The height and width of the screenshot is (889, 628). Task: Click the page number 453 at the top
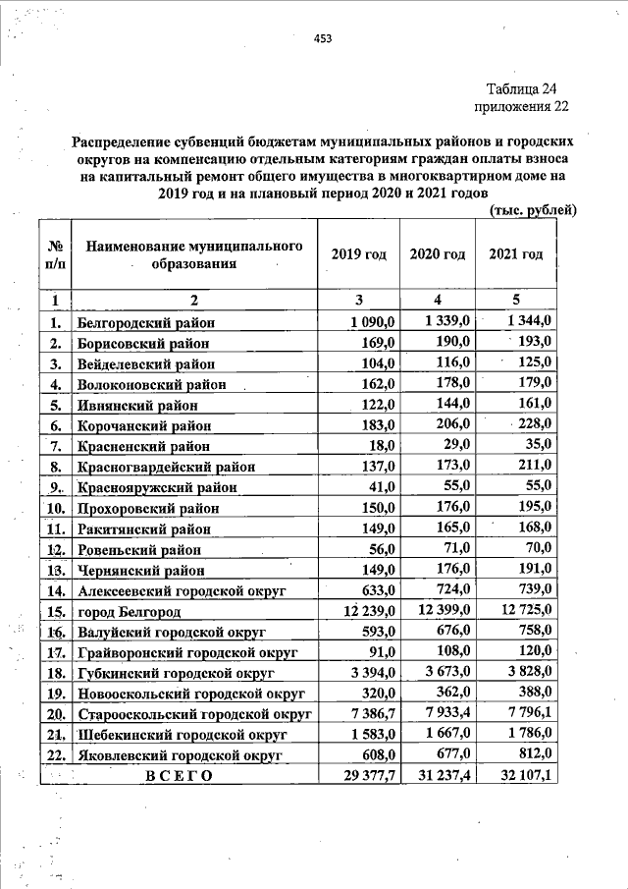pos(323,39)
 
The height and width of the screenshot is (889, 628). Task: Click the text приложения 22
pos(521,106)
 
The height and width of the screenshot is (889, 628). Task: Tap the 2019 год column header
pos(359,254)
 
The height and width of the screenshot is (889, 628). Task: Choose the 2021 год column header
pos(515,254)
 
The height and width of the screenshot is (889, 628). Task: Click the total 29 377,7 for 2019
pos(363,775)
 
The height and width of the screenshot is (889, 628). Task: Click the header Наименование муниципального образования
pos(194,254)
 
